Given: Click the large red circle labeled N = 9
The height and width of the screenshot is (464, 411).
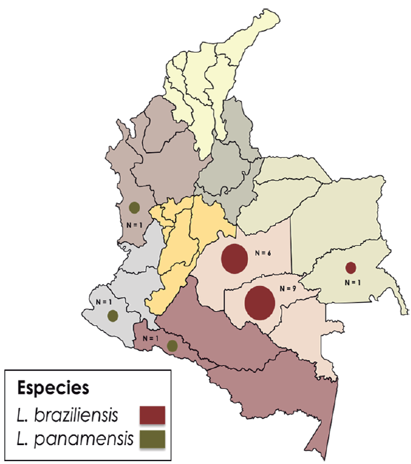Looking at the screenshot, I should click(260, 302).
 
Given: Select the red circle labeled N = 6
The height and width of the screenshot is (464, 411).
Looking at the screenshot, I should click(234, 259).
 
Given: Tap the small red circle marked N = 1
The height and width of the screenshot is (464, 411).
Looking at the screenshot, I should click(351, 267).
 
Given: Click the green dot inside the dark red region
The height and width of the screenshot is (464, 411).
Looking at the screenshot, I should click(172, 345).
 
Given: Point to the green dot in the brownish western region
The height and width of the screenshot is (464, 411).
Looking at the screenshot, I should click(134, 207).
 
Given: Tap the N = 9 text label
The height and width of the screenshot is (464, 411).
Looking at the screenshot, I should click(286, 288).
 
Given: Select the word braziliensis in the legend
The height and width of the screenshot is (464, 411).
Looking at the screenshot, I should click(82, 414).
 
